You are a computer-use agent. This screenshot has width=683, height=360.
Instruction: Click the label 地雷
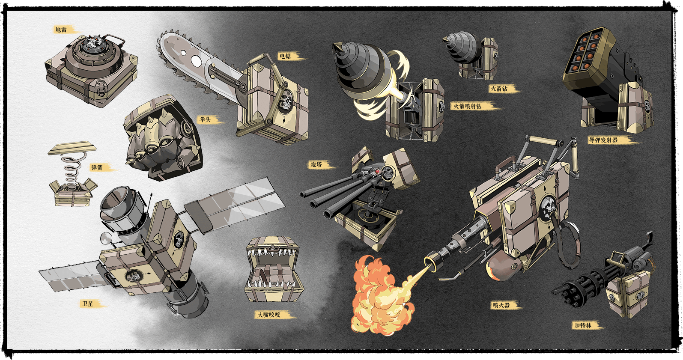click(x=61, y=30)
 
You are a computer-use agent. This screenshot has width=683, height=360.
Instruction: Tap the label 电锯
click(x=285, y=56)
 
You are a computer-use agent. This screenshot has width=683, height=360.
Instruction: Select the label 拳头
click(x=206, y=119)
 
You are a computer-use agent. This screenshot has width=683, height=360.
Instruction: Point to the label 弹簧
click(x=97, y=168)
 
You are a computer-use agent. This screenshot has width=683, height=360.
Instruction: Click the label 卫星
click(x=88, y=304)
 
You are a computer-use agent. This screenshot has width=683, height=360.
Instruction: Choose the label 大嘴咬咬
click(x=269, y=315)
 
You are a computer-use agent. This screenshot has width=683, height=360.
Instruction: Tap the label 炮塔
click(x=316, y=165)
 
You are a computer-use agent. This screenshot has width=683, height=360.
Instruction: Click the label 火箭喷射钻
click(x=468, y=106)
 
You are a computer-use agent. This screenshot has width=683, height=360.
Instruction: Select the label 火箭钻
click(x=499, y=89)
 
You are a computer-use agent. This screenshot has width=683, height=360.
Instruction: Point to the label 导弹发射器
click(x=603, y=140)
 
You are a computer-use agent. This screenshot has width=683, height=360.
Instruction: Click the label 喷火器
click(x=501, y=306)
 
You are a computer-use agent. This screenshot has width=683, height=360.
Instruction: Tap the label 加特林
click(x=583, y=326)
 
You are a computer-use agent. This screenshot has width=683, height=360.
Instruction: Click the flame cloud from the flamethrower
click(x=379, y=295)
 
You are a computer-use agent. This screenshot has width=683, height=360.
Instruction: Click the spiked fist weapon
click(x=163, y=137)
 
